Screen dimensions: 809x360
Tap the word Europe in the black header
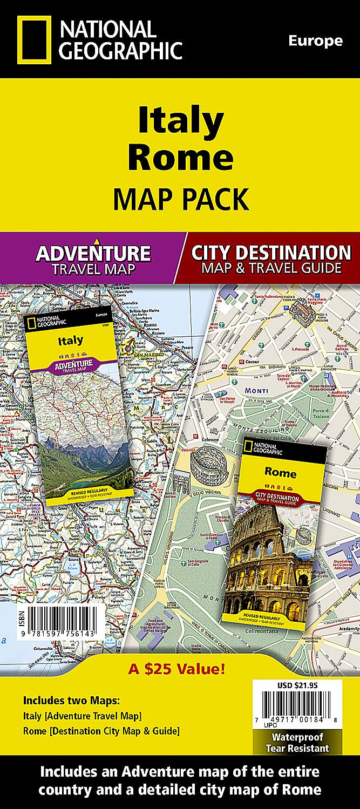click(x=315, y=40)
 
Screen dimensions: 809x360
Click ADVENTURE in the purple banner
click(x=93, y=253)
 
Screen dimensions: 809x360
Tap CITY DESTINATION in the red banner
click(x=271, y=252)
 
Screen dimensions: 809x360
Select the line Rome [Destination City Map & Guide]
click(x=101, y=731)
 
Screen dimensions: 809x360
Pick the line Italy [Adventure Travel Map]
click(x=82, y=716)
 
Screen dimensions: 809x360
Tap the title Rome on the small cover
click(x=280, y=473)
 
